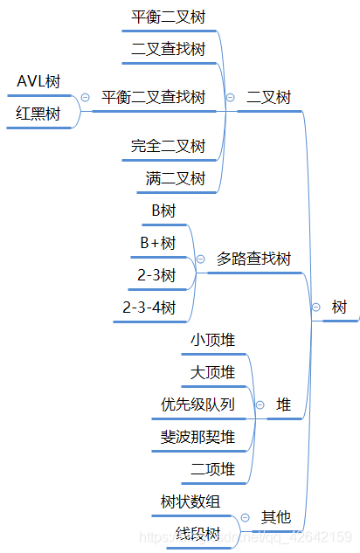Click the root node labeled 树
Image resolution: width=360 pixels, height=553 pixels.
pyautogui.click(x=339, y=308)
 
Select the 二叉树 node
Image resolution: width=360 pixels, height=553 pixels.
pyautogui.click(x=269, y=97)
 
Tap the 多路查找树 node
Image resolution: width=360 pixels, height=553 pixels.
pyautogui.click(x=253, y=259)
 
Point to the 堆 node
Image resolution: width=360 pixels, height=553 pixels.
pyautogui.click(x=284, y=404)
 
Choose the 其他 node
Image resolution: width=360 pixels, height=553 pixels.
pyautogui.click(x=276, y=516)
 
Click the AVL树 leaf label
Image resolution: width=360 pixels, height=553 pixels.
pyautogui.click(x=39, y=82)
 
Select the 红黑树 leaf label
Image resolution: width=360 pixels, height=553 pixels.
pyautogui.click(x=39, y=114)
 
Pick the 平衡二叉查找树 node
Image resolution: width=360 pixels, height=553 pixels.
pyautogui.click(x=153, y=97)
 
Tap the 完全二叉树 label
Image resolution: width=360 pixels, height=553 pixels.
pyautogui.click(x=168, y=145)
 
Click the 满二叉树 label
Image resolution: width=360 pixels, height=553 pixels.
pyautogui.click(x=175, y=179)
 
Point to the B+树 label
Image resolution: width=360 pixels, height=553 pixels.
pyautogui.click(x=158, y=242)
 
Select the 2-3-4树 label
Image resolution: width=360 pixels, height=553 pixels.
pyautogui.click(x=150, y=308)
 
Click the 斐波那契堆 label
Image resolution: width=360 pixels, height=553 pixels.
pyautogui.click(x=197, y=436)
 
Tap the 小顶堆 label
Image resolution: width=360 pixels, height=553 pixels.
pyautogui.click(x=212, y=339)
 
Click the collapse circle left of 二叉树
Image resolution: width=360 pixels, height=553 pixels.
pyautogui.click(x=230, y=98)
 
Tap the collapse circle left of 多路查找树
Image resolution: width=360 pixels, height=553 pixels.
pyautogui.click(x=200, y=259)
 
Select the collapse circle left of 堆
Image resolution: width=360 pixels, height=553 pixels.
pyautogui.click(x=259, y=404)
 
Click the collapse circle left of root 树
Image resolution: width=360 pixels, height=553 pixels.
pyautogui.click(x=315, y=308)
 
